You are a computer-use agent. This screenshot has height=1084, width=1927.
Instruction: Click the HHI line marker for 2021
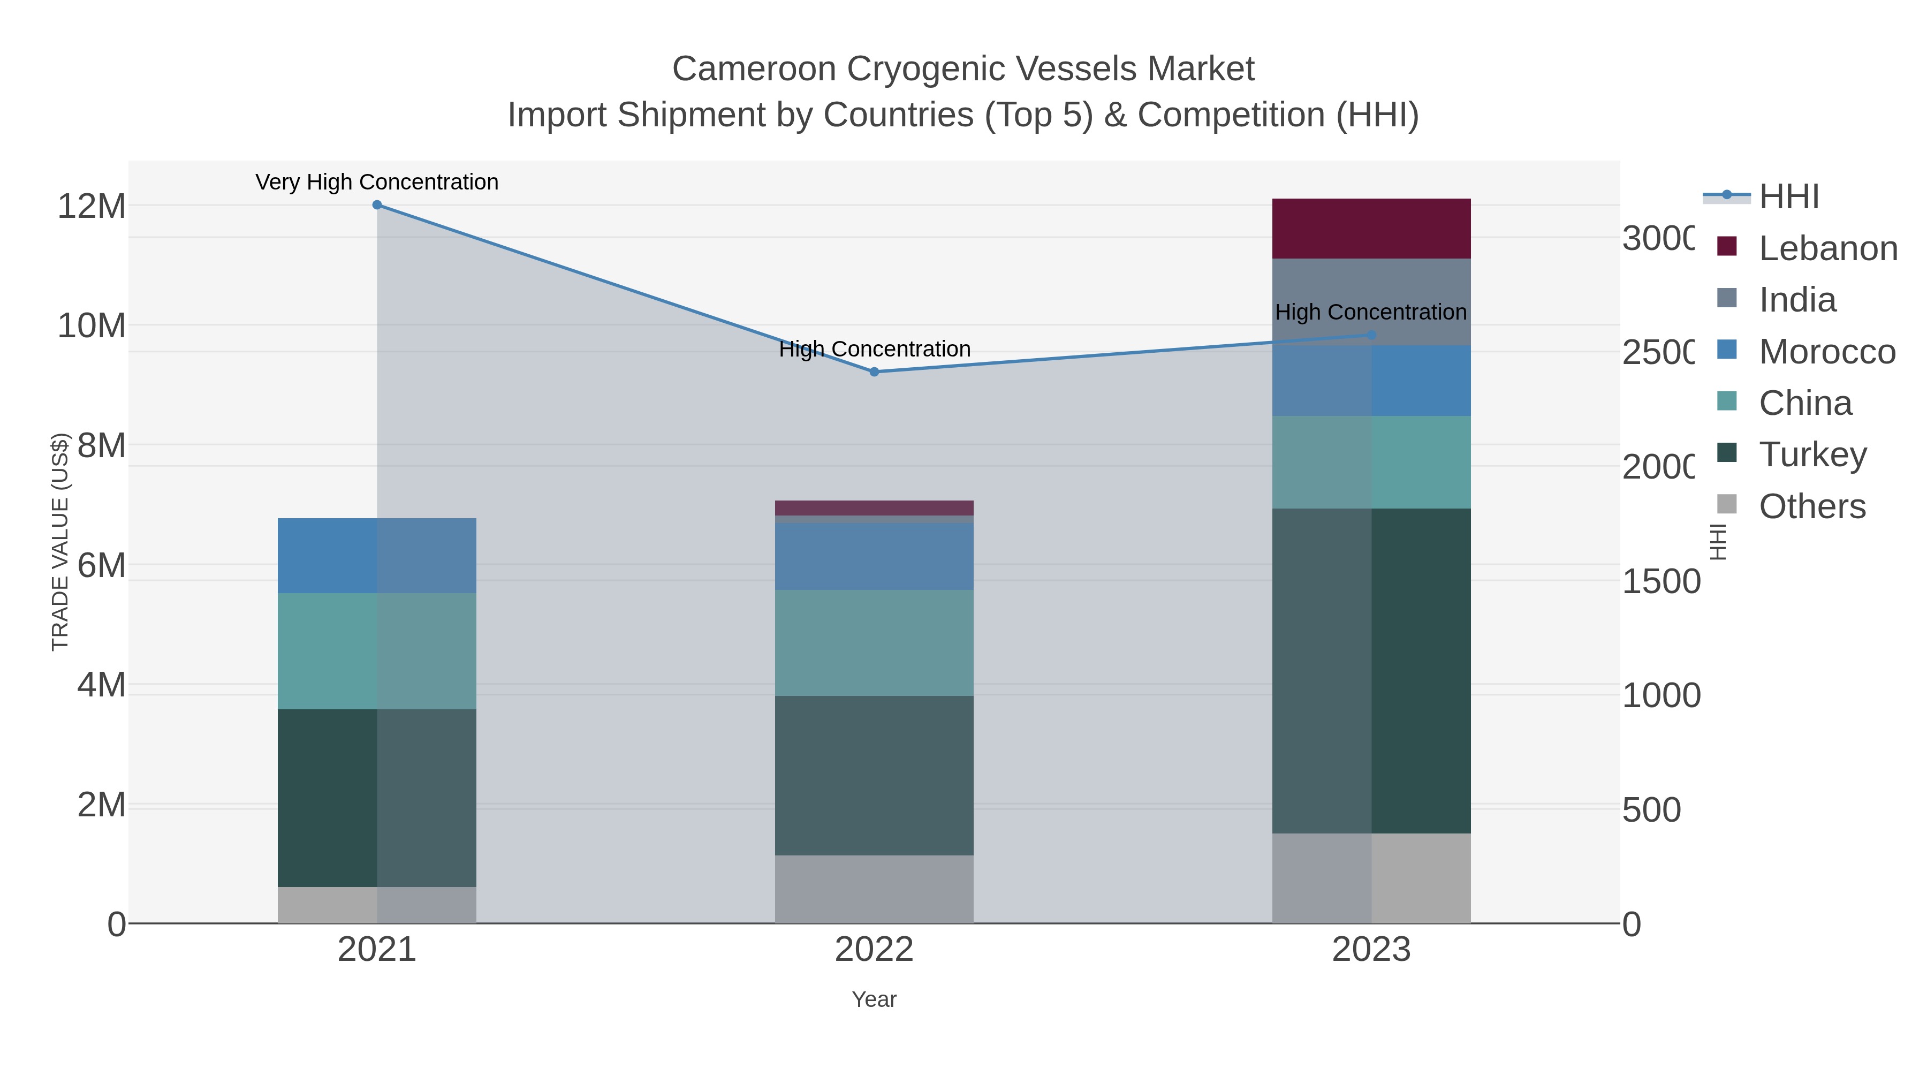(x=377, y=205)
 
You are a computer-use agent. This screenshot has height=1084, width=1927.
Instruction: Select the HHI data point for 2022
(x=874, y=372)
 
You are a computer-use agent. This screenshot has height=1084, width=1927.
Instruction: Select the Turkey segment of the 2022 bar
(x=874, y=775)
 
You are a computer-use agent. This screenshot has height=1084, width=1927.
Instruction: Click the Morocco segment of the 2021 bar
(x=377, y=555)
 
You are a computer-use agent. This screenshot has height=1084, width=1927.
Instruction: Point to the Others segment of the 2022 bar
(x=874, y=889)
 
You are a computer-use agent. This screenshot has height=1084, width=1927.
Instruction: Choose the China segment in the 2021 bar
(x=377, y=651)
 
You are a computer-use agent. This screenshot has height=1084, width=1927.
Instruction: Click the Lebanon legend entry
(x=1827, y=248)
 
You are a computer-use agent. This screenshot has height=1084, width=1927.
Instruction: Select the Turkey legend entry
(x=1812, y=454)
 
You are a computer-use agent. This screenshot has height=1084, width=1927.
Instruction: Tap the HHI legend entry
(x=1788, y=197)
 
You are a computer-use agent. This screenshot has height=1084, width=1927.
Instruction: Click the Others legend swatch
(x=1726, y=504)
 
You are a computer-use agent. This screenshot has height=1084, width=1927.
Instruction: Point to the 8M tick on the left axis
(x=101, y=445)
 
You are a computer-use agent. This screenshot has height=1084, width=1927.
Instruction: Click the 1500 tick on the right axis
(x=1660, y=581)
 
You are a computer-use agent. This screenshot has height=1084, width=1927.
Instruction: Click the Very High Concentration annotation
(x=377, y=182)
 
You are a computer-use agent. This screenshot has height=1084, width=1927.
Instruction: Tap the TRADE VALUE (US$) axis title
(x=60, y=542)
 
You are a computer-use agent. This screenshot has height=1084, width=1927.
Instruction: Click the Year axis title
(x=874, y=999)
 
